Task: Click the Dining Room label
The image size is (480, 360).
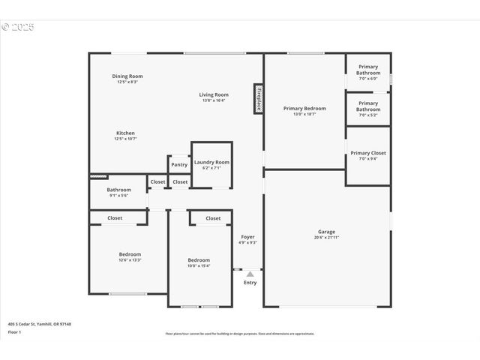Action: tap(127, 76)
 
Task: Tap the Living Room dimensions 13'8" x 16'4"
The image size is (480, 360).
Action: tap(214, 101)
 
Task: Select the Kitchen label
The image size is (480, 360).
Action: tap(125, 133)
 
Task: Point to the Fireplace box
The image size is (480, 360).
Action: tap(258, 98)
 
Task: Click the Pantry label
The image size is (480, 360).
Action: tap(179, 165)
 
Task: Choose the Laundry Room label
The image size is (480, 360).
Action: tap(211, 162)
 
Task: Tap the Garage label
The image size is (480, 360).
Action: tap(326, 232)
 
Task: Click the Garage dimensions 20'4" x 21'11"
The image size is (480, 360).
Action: tap(326, 238)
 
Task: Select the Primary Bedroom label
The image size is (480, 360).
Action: tap(304, 108)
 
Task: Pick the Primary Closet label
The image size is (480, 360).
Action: tap(368, 153)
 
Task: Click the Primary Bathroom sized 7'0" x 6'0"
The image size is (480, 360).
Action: tap(368, 70)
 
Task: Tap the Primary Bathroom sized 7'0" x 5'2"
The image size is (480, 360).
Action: tap(368, 106)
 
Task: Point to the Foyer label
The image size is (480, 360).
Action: tap(247, 237)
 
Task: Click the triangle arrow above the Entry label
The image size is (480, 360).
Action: tap(250, 274)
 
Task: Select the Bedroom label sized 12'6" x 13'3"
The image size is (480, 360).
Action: tap(130, 254)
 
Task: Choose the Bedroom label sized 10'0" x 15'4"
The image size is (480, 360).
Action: tap(199, 259)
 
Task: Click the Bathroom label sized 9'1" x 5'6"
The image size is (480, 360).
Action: tap(119, 190)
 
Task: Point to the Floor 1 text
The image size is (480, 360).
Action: tap(15, 331)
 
